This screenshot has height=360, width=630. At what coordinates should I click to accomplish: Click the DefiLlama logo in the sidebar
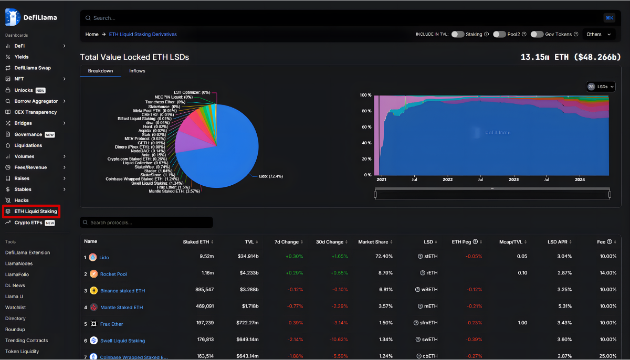coord(31,17)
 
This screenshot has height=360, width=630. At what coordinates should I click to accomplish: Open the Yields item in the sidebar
coord(22,57)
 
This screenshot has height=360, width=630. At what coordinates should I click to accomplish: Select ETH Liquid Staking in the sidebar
coord(35,211)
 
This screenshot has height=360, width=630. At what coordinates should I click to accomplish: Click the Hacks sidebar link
coord(22,200)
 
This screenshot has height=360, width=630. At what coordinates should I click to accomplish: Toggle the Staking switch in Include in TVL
coord(458,34)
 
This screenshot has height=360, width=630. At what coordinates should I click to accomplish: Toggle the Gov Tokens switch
coord(537,34)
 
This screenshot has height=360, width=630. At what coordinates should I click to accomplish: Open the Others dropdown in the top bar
coord(598,34)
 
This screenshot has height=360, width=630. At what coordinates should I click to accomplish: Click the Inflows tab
coord(137,71)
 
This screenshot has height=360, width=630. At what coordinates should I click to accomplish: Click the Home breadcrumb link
coord(92,34)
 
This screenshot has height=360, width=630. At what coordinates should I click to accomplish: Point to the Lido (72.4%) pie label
coord(271,176)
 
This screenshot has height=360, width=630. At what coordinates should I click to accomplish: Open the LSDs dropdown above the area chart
coord(601,87)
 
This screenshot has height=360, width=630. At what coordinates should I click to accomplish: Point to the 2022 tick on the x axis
coord(447,179)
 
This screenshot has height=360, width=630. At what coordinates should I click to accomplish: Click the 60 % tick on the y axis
coord(366,127)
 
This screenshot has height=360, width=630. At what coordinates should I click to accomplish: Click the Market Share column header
coord(373,242)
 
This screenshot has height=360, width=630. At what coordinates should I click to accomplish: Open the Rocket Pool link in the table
coord(113,274)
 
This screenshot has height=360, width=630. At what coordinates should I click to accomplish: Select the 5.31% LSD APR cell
coord(564,307)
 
